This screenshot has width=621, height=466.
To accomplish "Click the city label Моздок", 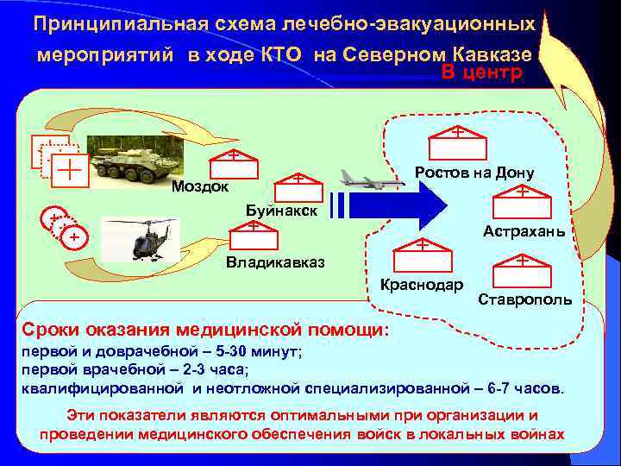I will [200, 186].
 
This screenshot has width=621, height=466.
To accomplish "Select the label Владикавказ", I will [274, 262].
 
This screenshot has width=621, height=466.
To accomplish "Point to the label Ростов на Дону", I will [474, 173].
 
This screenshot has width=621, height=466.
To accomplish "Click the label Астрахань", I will [524, 231].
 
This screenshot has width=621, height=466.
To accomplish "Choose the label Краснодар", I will [422, 285].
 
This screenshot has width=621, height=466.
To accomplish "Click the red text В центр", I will [482, 72].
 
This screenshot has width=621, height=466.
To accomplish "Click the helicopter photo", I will [142, 239].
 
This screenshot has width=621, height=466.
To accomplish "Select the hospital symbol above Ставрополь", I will [523, 269].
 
